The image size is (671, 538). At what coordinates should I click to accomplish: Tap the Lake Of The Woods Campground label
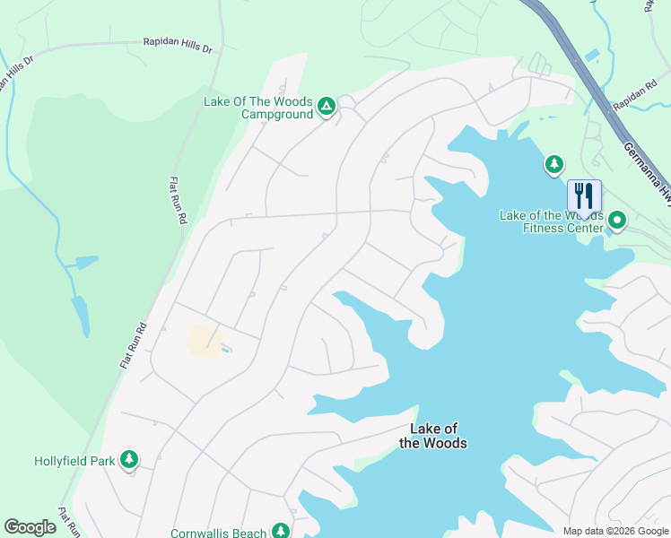click(258, 108)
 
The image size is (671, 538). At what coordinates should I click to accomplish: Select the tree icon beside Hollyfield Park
click(130, 460)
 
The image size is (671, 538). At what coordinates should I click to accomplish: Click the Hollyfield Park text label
click(74, 461)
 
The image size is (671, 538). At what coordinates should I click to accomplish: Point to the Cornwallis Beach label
click(219, 533)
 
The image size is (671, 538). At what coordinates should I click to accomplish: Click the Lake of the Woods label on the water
click(432, 437)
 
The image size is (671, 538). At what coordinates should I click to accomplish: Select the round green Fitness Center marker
click(617, 219)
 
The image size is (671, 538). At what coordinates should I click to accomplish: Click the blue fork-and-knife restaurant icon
click(584, 196)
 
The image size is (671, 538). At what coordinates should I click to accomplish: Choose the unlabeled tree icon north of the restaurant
click(554, 164)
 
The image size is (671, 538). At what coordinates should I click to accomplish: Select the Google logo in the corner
click(30, 527)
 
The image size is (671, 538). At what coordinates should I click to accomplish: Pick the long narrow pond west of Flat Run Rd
click(80, 313)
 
